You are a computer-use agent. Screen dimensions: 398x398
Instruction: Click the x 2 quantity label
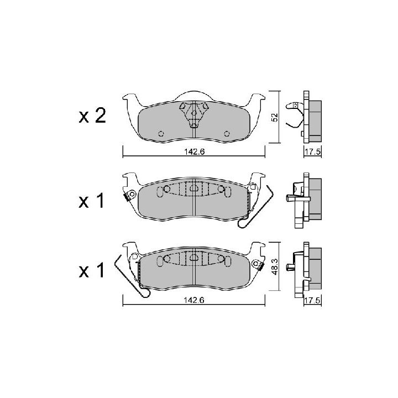(x=92, y=117)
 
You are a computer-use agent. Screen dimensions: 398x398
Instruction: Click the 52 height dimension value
(x=275, y=117)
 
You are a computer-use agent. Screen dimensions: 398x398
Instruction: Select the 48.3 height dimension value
(x=275, y=266)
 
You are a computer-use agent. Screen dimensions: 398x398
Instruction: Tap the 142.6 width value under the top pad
(x=195, y=151)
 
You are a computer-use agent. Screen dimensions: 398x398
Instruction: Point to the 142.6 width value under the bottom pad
(x=195, y=300)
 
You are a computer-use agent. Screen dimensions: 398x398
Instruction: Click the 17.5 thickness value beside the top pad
(x=313, y=152)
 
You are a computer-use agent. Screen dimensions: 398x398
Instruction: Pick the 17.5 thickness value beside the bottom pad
(x=313, y=300)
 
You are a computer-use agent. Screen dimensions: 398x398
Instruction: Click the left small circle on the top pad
(x=161, y=134)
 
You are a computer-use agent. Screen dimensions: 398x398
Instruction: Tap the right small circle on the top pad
(x=227, y=134)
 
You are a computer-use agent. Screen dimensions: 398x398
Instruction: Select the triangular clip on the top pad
(x=194, y=114)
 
